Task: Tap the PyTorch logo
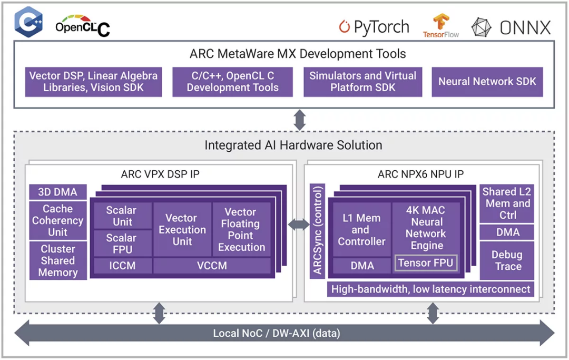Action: (x=374, y=27)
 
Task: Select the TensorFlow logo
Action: (x=440, y=26)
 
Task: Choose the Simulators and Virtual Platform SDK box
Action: (x=362, y=82)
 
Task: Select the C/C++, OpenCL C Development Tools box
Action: (x=232, y=82)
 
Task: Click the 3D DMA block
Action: (x=57, y=192)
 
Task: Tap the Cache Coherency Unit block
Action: (x=57, y=220)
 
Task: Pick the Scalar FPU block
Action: (x=121, y=244)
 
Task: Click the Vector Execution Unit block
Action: (x=182, y=230)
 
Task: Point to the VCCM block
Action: (x=212, y=266)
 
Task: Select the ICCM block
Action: (x=121, y=266)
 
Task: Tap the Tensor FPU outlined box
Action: (x=426, y=262)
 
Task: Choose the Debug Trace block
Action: (x=507, y=260)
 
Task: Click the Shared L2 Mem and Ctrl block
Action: (x=507, y=203)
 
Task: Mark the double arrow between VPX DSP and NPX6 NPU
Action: (x=299, y=225)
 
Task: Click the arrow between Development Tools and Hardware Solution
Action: (x=299, y=120)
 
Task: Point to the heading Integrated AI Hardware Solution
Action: (x=293, y=145)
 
